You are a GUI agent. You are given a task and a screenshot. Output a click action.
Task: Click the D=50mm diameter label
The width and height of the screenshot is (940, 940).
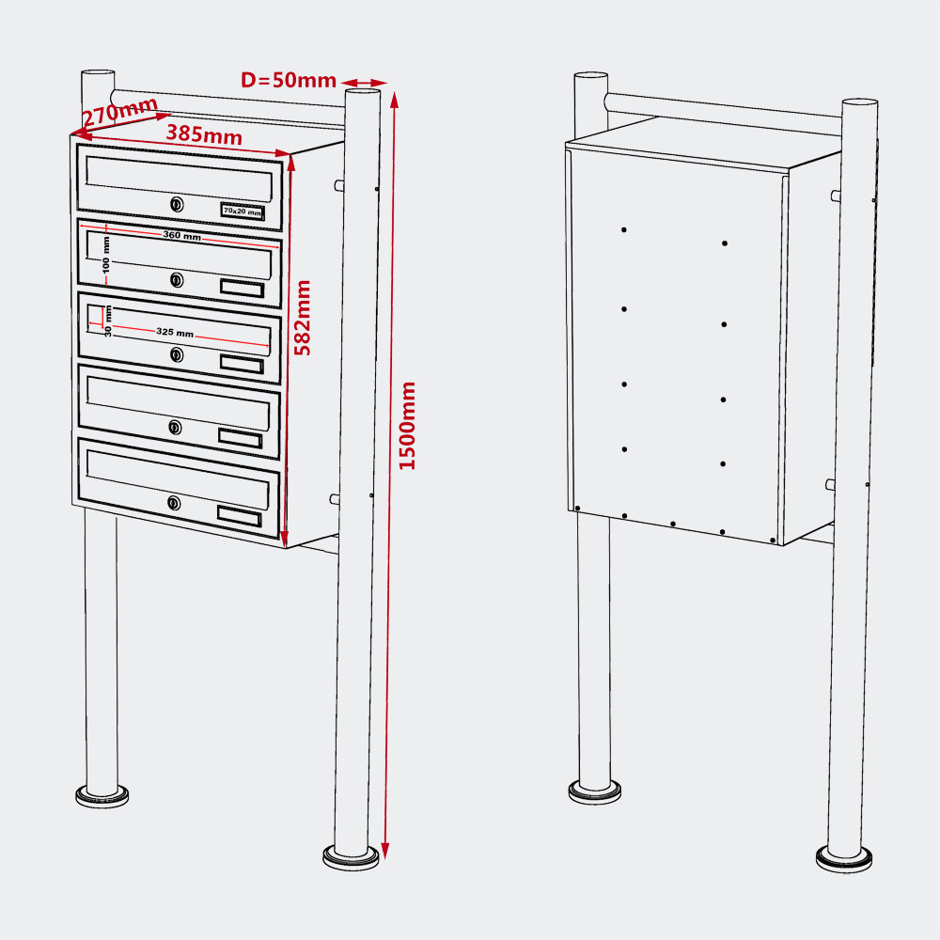pos(289,80)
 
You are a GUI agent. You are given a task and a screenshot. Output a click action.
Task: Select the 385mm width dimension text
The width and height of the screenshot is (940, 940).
pos(204,134)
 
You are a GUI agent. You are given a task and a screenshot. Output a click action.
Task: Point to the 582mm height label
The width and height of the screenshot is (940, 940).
pos(303,318)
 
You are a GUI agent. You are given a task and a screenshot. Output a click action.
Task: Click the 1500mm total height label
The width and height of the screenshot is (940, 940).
pos(407,426)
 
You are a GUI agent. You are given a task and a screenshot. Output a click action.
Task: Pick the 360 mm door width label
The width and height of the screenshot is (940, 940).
pos(182,235)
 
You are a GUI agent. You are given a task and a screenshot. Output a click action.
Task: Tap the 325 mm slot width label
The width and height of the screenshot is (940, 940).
pos(175,332)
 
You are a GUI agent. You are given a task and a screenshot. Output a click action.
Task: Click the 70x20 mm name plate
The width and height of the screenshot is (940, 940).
pos(243,211)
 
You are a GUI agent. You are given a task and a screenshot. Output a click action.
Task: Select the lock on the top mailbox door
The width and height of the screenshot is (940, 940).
pos(177,204)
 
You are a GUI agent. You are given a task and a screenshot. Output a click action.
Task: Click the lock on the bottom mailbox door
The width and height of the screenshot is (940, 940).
pos(174,502)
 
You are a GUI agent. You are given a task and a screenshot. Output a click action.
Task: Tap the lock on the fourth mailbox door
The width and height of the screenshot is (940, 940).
pos(175,427)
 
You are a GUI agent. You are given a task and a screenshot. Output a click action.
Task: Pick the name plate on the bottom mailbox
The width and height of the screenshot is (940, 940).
pos(239,516)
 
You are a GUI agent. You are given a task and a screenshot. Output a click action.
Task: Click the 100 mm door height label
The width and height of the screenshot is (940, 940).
pos(106,255)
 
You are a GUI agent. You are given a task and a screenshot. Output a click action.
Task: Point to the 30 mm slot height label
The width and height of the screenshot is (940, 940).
pos(108,321)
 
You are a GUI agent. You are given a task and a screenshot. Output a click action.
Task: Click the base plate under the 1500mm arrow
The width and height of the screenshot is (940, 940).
pos(351,857)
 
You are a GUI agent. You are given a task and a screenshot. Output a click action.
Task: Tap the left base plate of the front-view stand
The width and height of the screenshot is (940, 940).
pos(102,796)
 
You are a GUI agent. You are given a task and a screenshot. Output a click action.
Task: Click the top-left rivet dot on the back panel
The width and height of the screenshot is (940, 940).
pos(624,229)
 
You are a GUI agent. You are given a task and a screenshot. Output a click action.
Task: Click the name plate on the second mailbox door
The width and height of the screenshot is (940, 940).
pos(243,289)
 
